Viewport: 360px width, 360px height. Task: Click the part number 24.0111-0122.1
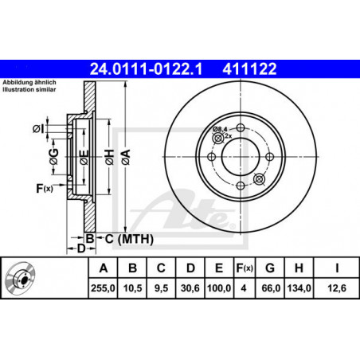146,69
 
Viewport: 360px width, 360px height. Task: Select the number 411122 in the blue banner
249,69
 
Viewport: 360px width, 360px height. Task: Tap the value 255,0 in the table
103,288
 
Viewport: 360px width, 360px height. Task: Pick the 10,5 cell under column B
132,288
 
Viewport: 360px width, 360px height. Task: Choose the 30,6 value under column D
190,288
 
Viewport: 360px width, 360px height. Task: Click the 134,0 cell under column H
299,288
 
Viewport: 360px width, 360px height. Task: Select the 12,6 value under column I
337,288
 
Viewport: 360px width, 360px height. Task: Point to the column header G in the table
270,268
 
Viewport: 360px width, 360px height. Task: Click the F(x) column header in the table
245,268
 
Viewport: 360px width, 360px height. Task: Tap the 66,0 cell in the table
271,288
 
